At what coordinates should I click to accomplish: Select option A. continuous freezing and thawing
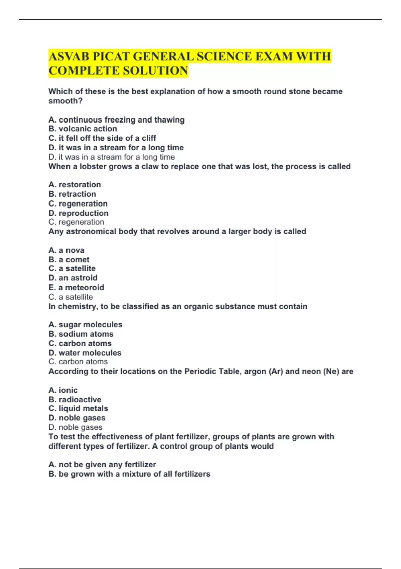(116, 120)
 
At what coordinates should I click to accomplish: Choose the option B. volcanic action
(83, 129)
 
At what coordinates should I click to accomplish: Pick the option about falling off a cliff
(102, 138)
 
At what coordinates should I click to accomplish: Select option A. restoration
(75, 185)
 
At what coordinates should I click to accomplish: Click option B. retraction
(72, 194)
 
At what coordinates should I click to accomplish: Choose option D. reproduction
(78, 213)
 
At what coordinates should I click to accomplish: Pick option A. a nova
(66, 250)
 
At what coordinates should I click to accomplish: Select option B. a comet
(69, 260)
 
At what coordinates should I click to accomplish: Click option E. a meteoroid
(76, 288)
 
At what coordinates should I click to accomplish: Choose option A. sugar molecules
(85, 325)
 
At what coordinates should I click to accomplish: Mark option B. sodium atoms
(81, 334)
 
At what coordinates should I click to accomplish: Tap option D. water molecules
(85, 353)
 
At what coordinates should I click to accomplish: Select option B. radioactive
(75, 400)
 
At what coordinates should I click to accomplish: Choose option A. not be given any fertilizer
(102, 465)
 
